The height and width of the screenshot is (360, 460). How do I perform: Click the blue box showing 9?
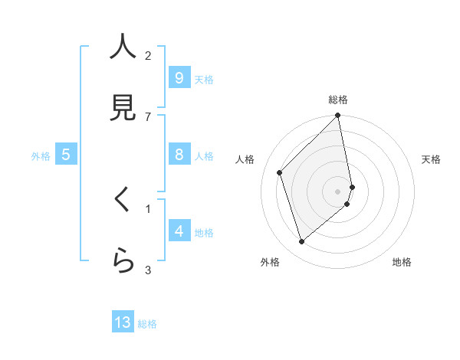pos(179,77)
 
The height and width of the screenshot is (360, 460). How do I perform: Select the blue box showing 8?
pos(179,155)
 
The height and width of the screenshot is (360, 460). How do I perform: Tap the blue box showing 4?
pos(179,231)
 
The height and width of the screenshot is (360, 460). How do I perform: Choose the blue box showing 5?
pos(66,155)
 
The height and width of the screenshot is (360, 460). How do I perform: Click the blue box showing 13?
pos(123,322)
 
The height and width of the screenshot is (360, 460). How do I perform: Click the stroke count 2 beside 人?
pos(148,55)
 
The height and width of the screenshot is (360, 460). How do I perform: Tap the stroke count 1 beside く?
pos(148,208)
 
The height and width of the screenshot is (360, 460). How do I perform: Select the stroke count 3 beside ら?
pos(148,269)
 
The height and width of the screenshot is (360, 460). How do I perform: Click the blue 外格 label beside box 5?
pos(41,155)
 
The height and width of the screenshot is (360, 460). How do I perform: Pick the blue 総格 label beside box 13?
pos(147,324)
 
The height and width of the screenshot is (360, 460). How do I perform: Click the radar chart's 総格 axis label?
pos(338,100)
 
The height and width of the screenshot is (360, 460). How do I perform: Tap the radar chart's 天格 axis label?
pos(431,159)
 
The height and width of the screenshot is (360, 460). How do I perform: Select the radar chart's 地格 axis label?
pos(402,262)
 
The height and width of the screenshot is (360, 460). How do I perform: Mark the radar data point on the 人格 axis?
pos(280,172)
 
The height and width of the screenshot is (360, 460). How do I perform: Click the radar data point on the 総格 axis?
pos(338,116)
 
